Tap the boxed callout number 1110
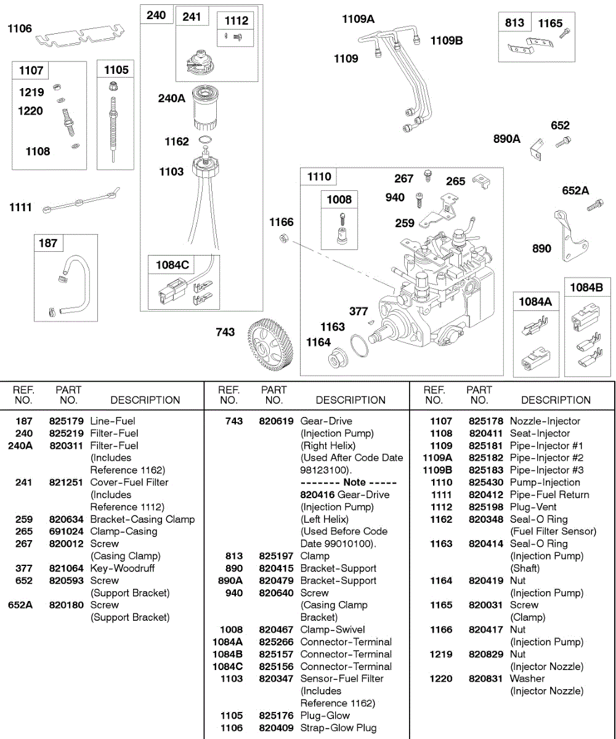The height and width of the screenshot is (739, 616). pyautogui.click(x=319, y=177)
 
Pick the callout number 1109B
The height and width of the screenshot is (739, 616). pyautogui.click(x=447, y=41)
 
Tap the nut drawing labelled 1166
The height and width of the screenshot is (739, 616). pyautogui.click(x=285, y=238)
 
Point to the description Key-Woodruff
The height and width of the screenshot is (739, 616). pyautogui.click(x=123, y=568)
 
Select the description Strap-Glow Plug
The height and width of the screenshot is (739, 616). pyautogui.click(x=338, y=728)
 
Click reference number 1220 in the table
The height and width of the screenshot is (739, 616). pyautogui.click(x=441, y=679)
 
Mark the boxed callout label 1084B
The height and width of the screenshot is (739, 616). pyautogui.click(x=586, y=288)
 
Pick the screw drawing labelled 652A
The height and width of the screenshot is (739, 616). pyautogui.click(x=594, y=205)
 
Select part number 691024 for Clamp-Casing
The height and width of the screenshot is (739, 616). pyautogui.click(x=66, y=531)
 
